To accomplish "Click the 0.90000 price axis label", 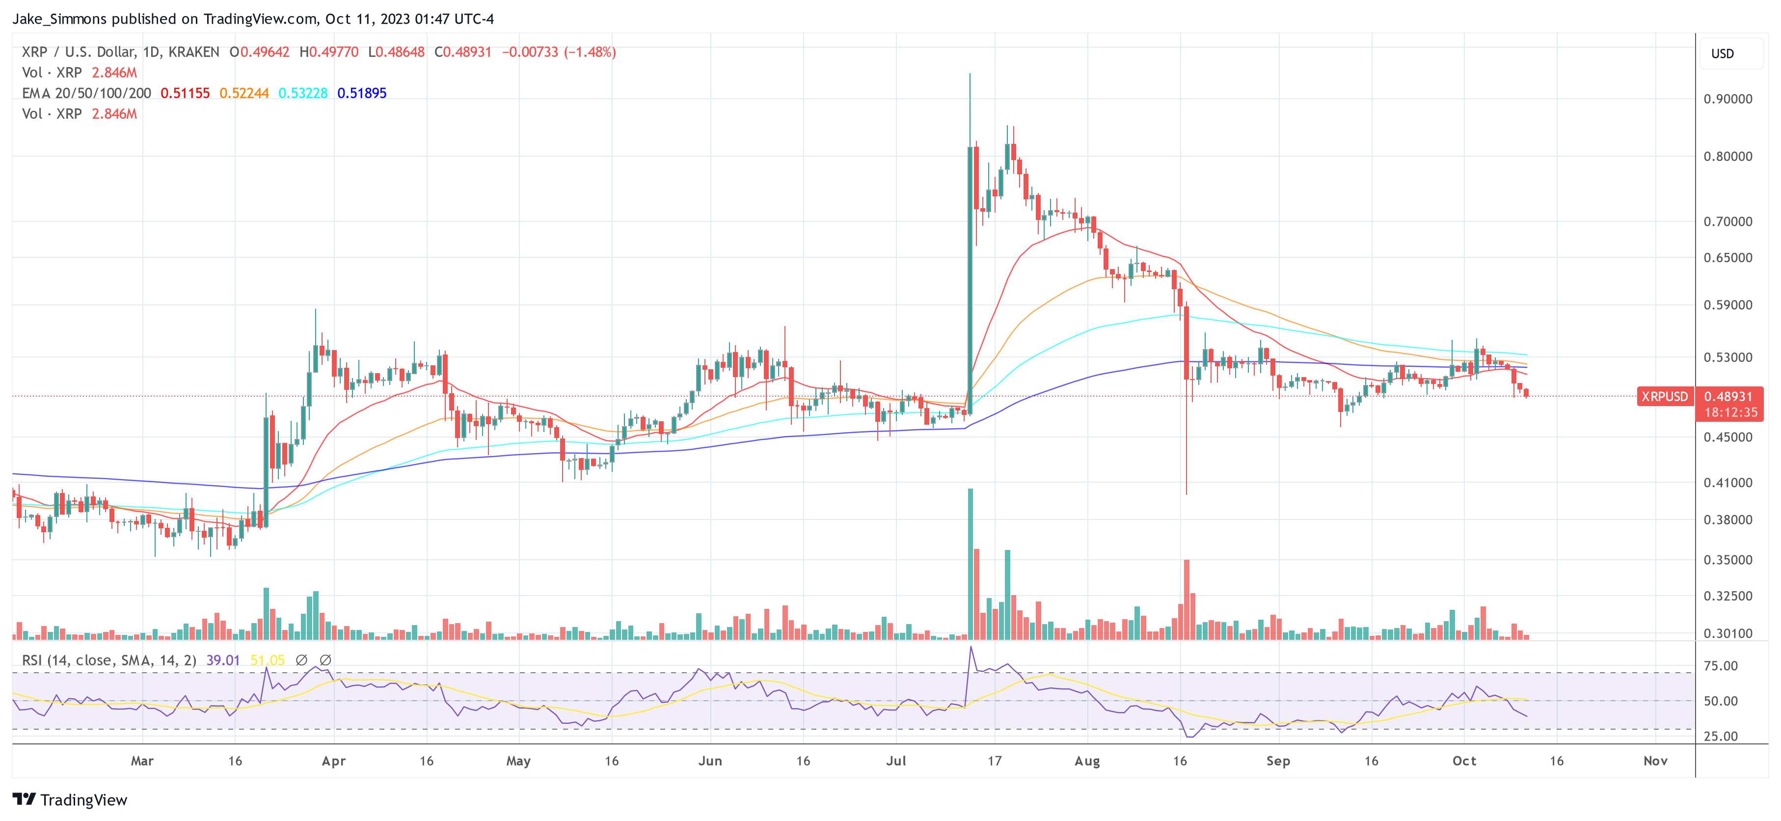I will point(1727,99).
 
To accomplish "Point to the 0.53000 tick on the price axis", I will point(1727,357).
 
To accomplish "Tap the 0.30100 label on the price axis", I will point(1727,633).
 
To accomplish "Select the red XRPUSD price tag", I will point(1664,396).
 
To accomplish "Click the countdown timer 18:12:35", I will point(1730,412).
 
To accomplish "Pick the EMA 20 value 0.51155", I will point(185,93).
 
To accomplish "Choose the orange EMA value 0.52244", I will point(244,93).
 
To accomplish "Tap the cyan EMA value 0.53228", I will point(303,93).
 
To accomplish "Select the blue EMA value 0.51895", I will point(362,93).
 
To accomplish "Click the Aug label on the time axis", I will point(1087,761).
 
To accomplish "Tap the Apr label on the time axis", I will point(334,761).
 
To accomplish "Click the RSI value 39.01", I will point(223,660).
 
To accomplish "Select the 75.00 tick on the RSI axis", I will point(1720,666).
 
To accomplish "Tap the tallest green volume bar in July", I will point(970,564).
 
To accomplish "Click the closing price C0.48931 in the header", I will point(462,53).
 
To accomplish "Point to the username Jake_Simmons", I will point(59,19).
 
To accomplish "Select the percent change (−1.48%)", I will point(590,53).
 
